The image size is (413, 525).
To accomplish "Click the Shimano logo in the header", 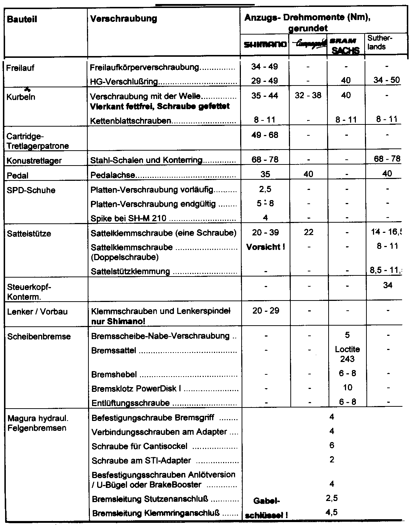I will click(265, 45).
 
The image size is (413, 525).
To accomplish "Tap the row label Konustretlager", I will click(34, 161).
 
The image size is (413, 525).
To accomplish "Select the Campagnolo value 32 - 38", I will click(308, 96).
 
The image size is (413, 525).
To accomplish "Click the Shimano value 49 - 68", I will click(265, 135).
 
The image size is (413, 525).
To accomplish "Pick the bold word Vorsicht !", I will click(265, 247).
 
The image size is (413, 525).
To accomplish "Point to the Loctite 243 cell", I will click(347, 354).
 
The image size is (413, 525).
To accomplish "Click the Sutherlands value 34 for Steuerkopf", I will click(387, 286).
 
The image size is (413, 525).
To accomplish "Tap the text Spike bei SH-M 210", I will click(128, 218).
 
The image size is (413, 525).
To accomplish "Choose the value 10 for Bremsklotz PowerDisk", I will click(347, 387).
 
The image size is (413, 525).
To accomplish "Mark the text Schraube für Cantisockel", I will click(139, 446).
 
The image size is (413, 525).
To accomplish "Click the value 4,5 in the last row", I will click(331, 512).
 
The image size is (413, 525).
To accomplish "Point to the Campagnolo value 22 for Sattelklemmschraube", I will click(308, 232).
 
